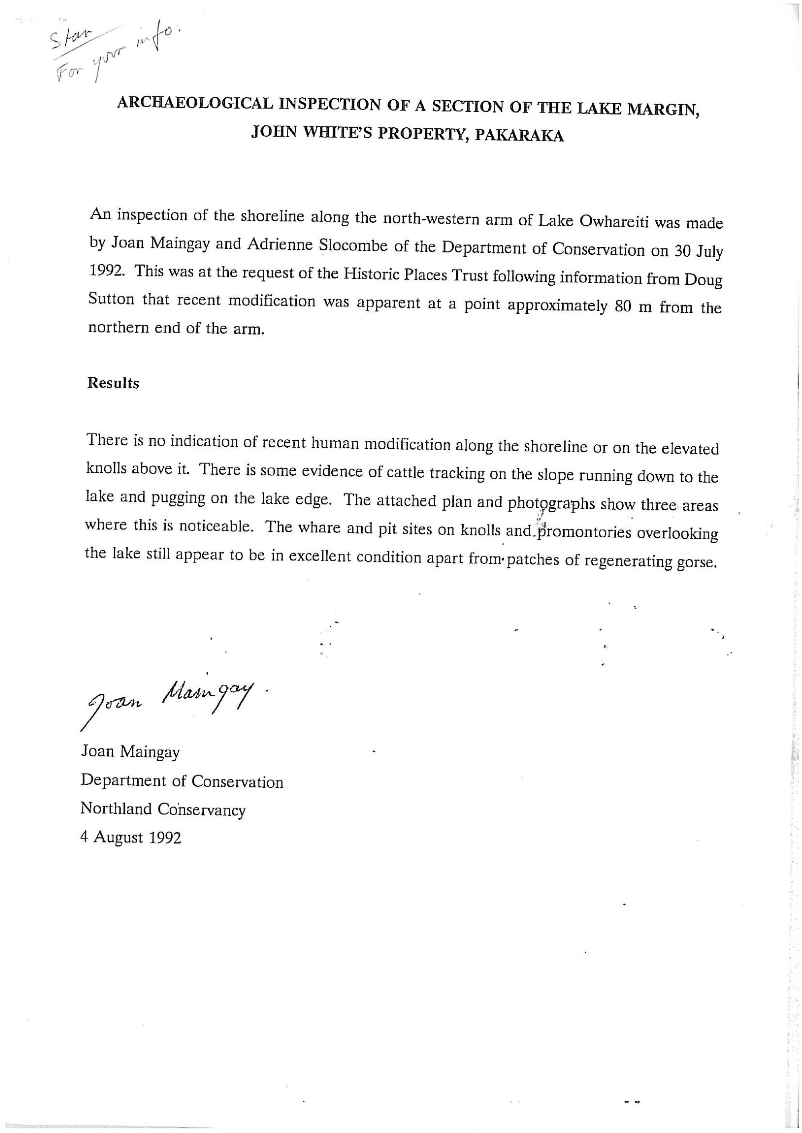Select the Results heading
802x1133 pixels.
[x=113, y=383]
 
